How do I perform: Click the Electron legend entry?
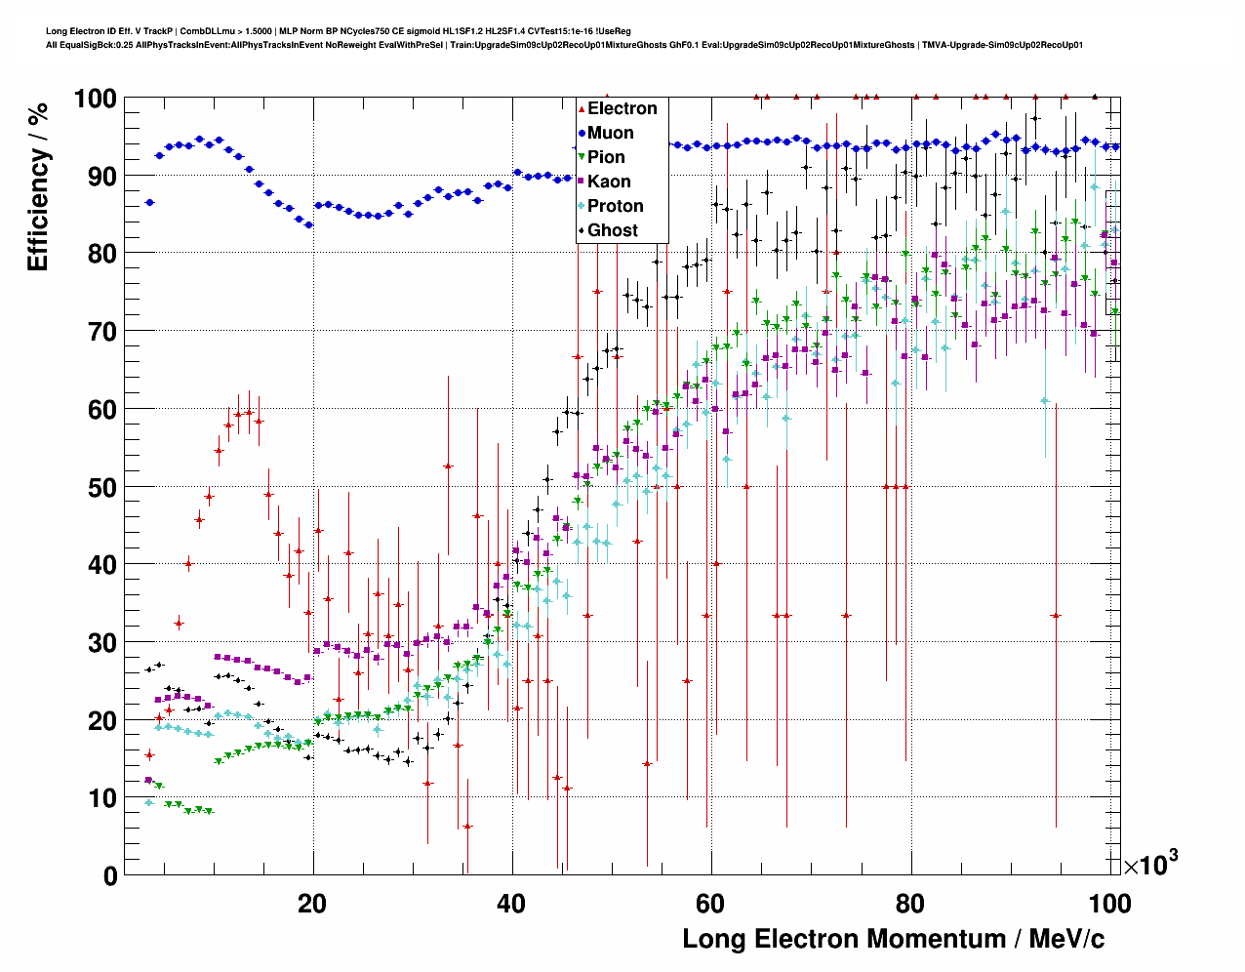coord(622,108)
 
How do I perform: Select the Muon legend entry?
coord(610,133)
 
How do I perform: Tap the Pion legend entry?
coord(606,157)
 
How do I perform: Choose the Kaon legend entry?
coord(609,182)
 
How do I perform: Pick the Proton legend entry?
coord(615,206)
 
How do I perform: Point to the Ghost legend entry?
coord(612,230)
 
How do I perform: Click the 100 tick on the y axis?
coord(95,99)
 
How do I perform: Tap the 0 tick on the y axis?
coord(110,875)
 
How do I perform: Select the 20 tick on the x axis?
coord(312,904)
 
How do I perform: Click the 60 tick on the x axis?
coord(711,904)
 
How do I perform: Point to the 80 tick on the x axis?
coord(910,904)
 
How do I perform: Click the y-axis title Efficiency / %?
coord(38,186)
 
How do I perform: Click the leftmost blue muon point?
coord(149,202)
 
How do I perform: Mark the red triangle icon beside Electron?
coord(582,109)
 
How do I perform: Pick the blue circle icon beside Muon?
coord(582,134)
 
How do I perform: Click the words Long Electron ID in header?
coord(78,31)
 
